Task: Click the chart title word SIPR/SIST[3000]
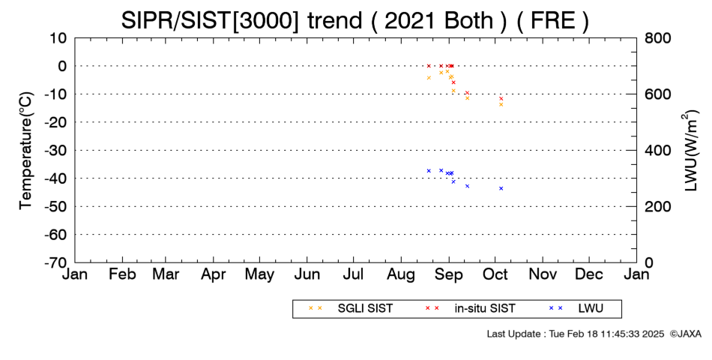point(211,20)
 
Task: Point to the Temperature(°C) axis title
point(26,151)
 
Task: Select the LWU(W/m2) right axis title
point(690,151)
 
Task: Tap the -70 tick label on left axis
point(55,262)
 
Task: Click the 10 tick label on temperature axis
point(58,38)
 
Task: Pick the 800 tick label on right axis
point(657,38)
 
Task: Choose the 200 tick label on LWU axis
point(657,206)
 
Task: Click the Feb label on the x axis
point(122,274)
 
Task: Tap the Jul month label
point(353,274)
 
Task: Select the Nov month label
point(543,274)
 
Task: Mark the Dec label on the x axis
point(589,274)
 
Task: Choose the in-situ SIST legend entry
point(471,308)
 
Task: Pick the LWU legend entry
point(576,308)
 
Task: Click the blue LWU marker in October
point(501,188)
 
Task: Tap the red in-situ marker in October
point(501,99)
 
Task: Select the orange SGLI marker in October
point(501,104)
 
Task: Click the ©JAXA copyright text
point(685,334)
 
